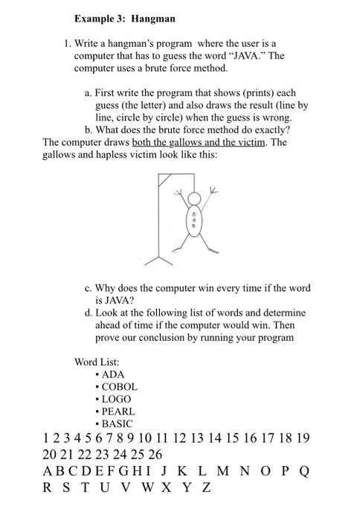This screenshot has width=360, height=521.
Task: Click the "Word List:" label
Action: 99,362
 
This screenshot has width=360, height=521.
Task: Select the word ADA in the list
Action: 113,374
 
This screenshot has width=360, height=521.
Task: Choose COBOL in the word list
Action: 120,386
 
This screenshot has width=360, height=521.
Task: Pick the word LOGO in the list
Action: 116,399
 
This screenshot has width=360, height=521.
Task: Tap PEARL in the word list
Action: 119,411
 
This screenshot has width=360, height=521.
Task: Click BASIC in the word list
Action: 118,423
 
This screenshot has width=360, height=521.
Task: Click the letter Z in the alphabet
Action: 206,488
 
